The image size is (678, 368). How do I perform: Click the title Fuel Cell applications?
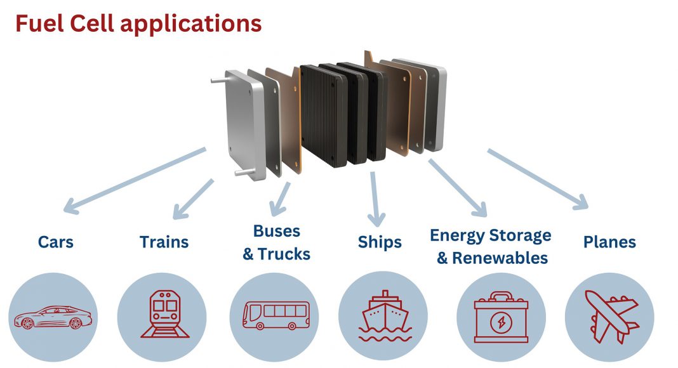138,23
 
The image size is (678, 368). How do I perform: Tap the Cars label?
56,242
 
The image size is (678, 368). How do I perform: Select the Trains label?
164,242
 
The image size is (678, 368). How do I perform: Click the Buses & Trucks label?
276,242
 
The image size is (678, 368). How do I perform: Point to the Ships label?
380,242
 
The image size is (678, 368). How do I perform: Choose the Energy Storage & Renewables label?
491,247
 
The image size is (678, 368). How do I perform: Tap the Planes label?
609,242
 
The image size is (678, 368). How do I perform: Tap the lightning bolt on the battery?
501,320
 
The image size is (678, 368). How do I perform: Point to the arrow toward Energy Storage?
458,187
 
